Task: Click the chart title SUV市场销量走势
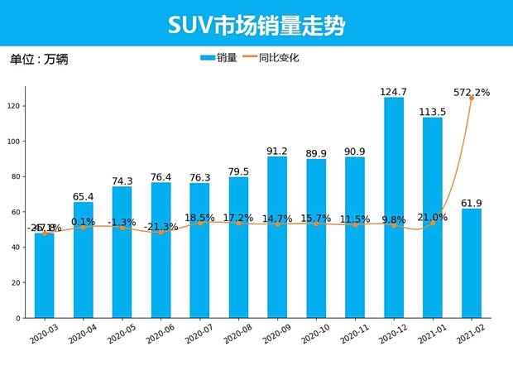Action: click(x=256, y=26)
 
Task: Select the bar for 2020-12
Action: click(x=394, y=207)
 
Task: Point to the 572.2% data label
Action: click(x=472, y=92)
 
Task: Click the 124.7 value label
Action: click(x=394, y=91)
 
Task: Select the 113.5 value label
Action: click(x=433, y=111)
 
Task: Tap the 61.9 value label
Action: click(x=472, y=202)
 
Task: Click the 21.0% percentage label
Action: click(x=432, y=217)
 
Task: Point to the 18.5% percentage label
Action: click(x=199, y=217)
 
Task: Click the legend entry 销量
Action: click(x=219, y=58)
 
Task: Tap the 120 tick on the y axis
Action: click(x=13, y=106)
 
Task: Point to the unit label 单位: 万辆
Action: click(x=41, y=60)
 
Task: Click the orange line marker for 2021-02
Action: click(x=472, y=99)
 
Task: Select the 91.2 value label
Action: click(x=277, y=151)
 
